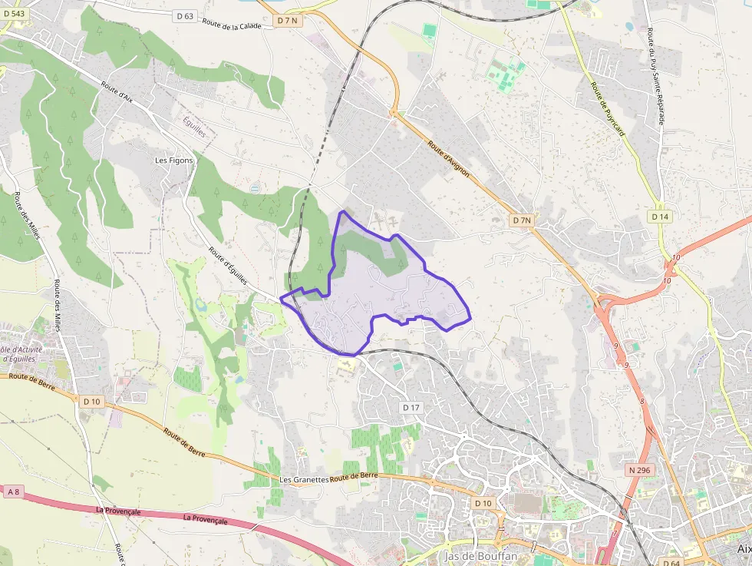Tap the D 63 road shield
pos(184,15)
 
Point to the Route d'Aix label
pos(117,92)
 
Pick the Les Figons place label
pos(173,161)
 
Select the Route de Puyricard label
pos(607,109)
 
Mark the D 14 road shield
pos(660,217)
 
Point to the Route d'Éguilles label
pos(228,266)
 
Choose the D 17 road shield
pos(412,407)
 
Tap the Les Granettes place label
pos(304,479)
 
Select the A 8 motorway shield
pos(12,491)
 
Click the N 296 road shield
pos(638,470)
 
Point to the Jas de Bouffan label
pos(480,555)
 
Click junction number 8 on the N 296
pos(642,401)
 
